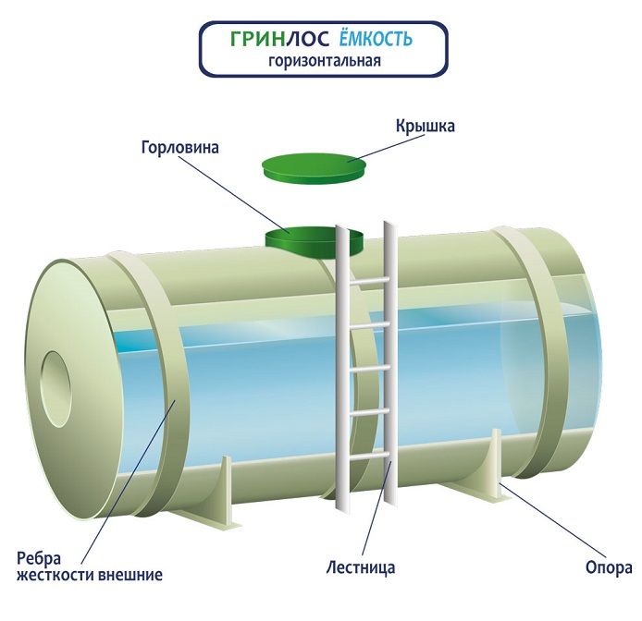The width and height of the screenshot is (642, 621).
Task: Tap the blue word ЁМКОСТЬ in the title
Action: click(373, 40)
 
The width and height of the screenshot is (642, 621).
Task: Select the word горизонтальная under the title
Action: click(324, 63)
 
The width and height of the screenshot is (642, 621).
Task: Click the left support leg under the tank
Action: click(217, 494)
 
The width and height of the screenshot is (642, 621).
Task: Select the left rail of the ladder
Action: click(341, 370)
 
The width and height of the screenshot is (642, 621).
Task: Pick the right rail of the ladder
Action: click(389, 360)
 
